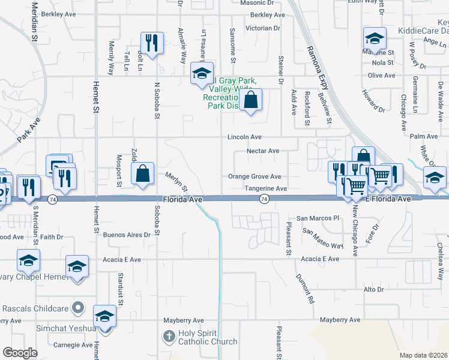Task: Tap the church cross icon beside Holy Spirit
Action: [170, 336]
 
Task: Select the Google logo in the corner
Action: [20, 353]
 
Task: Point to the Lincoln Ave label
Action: [244, 137]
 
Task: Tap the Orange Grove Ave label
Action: [255, 176]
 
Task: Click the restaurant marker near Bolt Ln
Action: [151, 42]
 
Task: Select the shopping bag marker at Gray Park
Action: [252, 100]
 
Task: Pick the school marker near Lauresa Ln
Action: [201, 74]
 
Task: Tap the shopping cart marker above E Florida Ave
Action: [357, 186]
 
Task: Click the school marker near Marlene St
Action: [375, 39]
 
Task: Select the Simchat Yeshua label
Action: [48, 328]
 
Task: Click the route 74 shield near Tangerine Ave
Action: [264, 198]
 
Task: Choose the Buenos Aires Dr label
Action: [125, 235]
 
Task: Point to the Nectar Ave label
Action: [264, 151]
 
